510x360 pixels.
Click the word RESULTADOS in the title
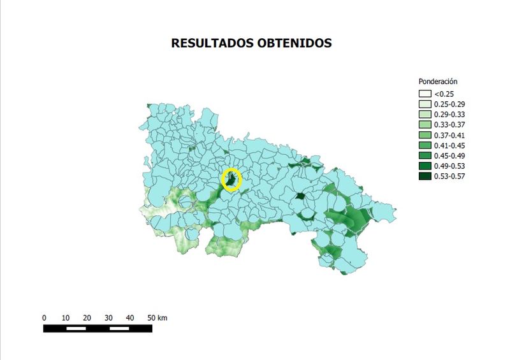(209, 43)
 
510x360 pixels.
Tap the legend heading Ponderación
(438, 82)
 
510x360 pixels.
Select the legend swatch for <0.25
(425, 94)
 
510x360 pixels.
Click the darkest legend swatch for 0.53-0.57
(425, 176)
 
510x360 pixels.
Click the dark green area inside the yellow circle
(231, 181)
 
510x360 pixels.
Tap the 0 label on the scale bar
(44, 317)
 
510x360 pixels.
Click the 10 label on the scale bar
(66, 317)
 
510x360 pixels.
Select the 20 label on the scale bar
(87, 317)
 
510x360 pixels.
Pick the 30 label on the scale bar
(109, 317)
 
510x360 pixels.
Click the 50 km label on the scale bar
(157, 317)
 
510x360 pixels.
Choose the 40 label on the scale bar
(131, 317)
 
